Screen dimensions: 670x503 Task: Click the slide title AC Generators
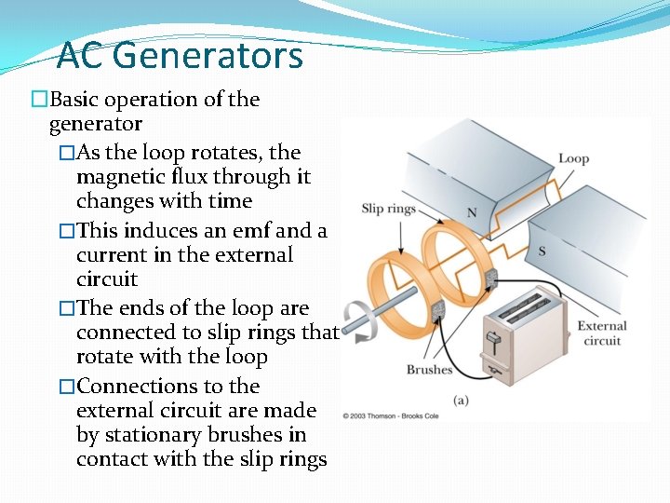[180, 56]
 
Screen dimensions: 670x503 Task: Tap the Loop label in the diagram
[573, 158]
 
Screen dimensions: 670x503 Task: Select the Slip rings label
[388, 208]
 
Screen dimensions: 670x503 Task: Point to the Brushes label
[429, 370]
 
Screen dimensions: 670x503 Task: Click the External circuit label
[602, 333]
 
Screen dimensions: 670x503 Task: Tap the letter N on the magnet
[472, 213]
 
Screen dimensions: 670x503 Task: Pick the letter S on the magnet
[542, 251]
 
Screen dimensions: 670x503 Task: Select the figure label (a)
[461, 400]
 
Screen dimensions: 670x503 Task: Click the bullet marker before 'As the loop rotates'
[66, 153]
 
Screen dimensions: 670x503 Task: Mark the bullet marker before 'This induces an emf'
[66, 231]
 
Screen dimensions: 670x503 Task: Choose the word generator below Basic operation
[95, 124]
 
